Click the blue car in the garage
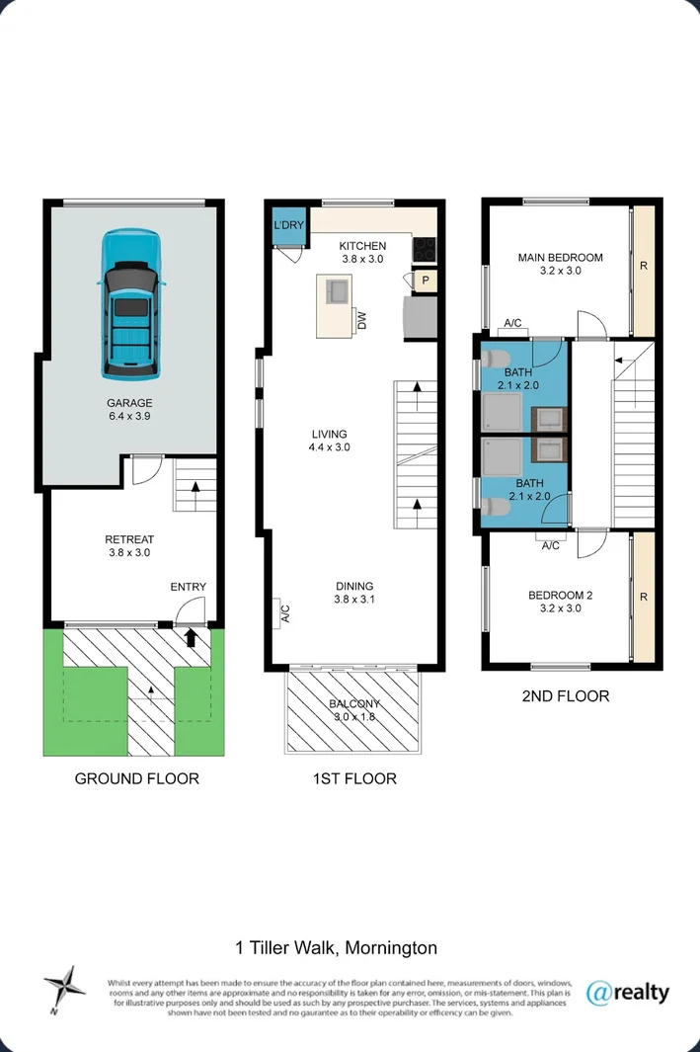click(x=131, y=302)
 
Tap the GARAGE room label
click(x=129, y=403)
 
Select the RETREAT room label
click(x=129, y=539)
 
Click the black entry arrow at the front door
click(x=191, y=637)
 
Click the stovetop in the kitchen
click(x=424, y=249)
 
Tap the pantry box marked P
click(x=426, y=281)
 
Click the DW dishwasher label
click(x=362, y=321)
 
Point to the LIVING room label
click(x=329, y=434)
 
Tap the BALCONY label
click(x=354, y=703)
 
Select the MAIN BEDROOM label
click(x=561, y=258)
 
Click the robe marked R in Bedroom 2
click(x=644, y=597)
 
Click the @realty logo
click(x=628, y=993)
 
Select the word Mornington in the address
click(x=392, y=948)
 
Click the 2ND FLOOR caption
click(x=565, y=696)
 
